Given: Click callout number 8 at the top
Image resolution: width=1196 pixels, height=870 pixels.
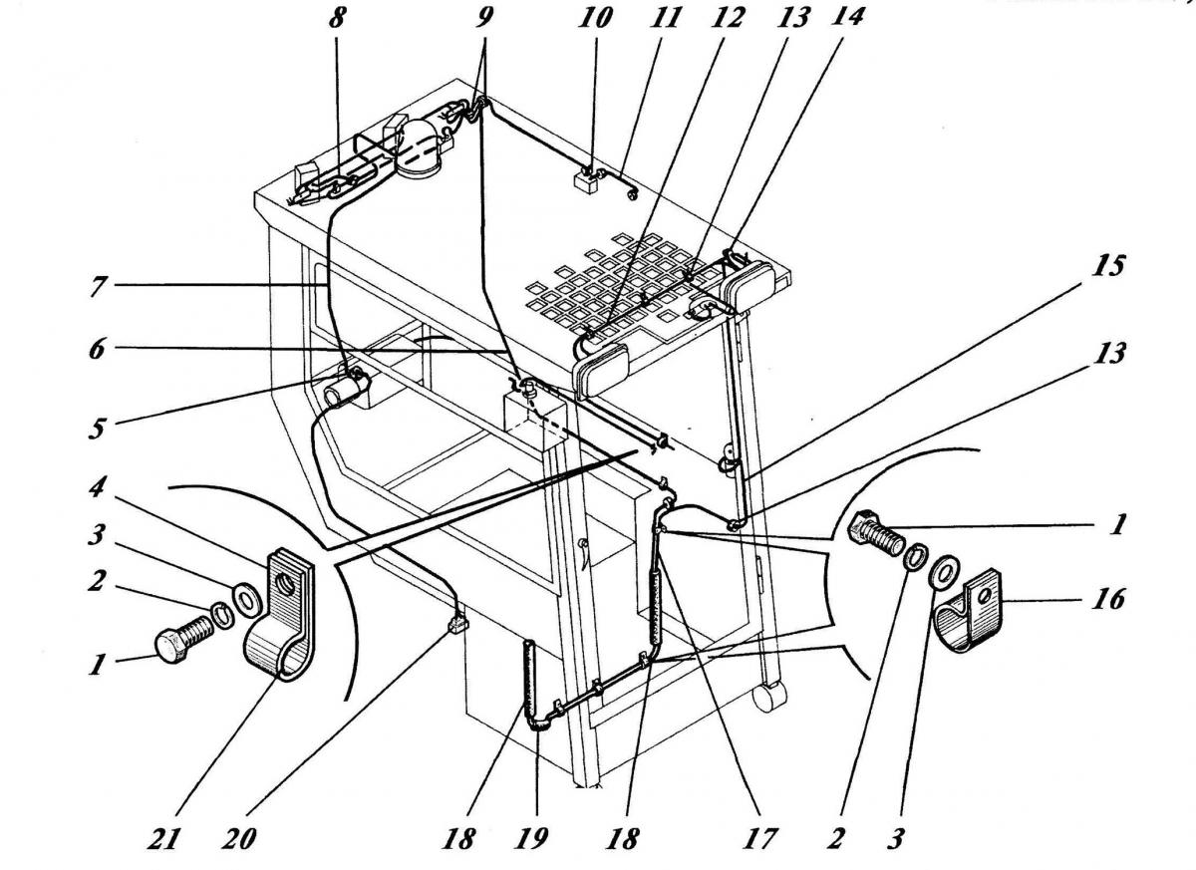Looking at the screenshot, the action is (337, 19).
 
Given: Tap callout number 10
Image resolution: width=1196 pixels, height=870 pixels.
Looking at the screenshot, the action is (594, 18).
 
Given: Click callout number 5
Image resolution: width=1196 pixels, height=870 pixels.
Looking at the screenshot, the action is (97, 429).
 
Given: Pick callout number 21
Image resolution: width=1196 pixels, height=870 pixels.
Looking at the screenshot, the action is (162, 839).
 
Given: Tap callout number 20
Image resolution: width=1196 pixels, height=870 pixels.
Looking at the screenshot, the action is (238, 839).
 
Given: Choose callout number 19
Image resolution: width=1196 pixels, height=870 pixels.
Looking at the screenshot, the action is (531, 839).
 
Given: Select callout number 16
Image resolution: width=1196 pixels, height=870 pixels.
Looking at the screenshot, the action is (1108, 598).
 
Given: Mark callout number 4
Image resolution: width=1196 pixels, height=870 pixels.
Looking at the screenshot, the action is (97, 486).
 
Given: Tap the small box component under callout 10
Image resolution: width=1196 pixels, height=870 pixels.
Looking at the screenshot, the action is (586, 182).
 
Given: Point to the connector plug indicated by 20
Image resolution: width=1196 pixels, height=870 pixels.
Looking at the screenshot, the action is (457, 624).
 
